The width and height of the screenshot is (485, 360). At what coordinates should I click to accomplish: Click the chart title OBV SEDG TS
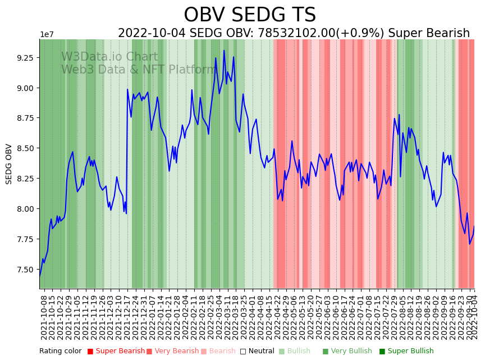(x=250, y=15)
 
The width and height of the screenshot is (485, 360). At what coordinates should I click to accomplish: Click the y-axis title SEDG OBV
(x=9, y=164)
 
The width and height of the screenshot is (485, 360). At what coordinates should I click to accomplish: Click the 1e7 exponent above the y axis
(x=47, y=35)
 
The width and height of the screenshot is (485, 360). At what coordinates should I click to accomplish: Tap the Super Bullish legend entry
(x=408, y=351)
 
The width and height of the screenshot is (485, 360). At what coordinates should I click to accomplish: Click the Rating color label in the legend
(x=60, y=351)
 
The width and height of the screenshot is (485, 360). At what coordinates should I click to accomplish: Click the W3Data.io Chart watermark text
(x=109, y=57)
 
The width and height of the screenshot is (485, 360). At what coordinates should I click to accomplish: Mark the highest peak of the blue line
(x=224, y=51)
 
